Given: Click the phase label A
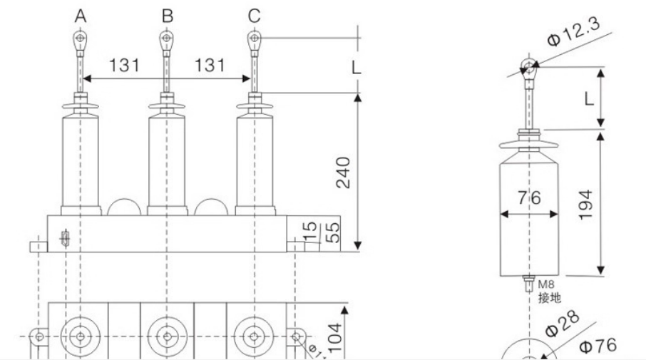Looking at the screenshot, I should (82, 14).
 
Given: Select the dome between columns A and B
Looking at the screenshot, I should (125, 207).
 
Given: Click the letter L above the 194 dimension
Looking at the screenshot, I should (588, 99).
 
